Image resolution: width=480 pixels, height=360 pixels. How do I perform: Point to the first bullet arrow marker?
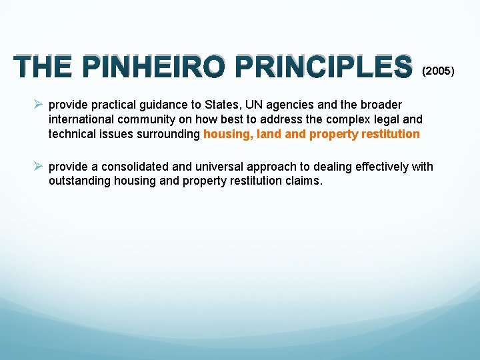point(39,105)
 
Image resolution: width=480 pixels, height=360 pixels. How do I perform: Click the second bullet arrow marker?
point(39,166)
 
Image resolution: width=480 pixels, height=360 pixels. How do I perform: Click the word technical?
point(73,135)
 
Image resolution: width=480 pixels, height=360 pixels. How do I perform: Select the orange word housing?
point(227,135)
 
